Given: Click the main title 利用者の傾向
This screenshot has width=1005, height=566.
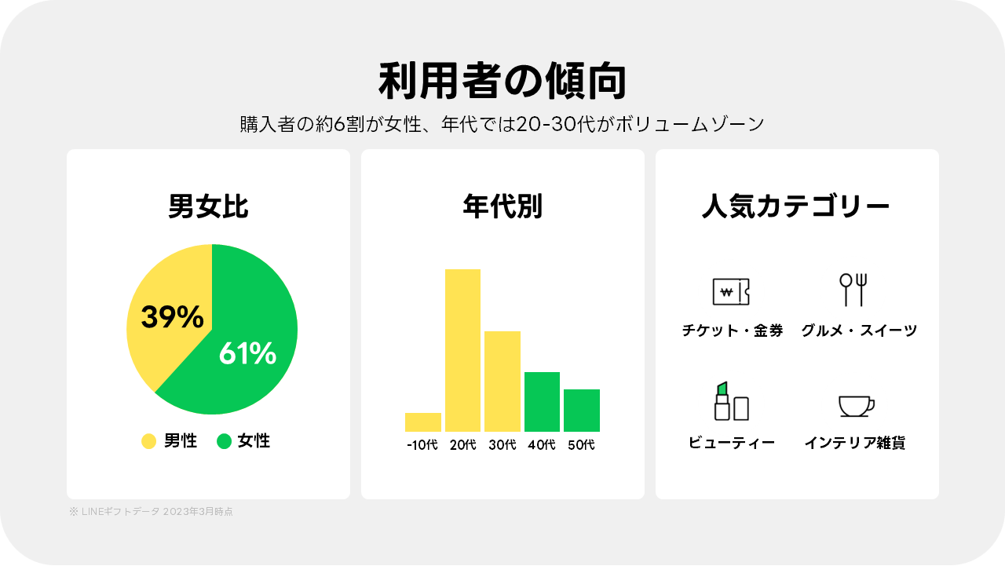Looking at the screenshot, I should coord(502,82).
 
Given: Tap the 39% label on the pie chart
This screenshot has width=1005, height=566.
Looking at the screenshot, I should coord(172,317).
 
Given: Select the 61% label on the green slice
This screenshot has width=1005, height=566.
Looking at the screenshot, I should coord(247,354).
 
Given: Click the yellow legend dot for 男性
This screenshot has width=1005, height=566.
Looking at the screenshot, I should coord(148,441).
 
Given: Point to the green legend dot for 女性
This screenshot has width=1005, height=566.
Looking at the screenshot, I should coord(224,441).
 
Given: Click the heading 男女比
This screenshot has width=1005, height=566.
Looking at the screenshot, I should coord(208,207).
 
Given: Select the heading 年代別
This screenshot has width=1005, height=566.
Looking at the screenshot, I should coord(502,207).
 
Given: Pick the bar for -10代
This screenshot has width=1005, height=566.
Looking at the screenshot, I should coord(422,422).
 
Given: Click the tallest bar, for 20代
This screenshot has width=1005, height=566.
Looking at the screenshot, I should coord(462,350).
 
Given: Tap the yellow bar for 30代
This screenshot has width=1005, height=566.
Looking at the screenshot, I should coord(502,382).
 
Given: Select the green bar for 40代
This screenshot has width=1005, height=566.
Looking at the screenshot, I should coord(542,402).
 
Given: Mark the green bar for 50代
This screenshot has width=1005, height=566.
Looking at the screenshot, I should coord(582,411).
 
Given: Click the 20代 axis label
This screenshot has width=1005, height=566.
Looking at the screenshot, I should coord(462,445).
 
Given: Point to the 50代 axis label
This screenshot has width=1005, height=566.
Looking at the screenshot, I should coord(582,445).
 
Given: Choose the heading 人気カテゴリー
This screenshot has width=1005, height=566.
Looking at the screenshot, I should coord(796,207).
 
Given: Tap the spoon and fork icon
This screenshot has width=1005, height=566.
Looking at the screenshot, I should coord(853,290).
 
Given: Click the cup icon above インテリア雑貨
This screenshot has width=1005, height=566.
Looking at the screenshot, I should coord(856,406).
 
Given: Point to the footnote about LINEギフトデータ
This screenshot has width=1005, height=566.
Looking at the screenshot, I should coord(151,512).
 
